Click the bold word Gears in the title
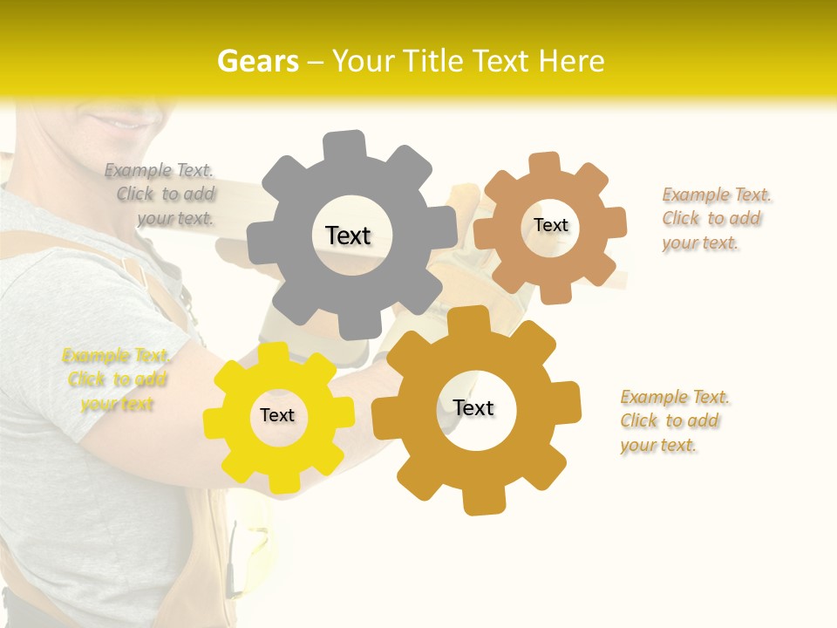pyautogui.click(x=257, y=61)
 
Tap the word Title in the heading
pyautogui.click(x=432, y=61)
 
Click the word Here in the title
pyautogui.click(x=572, y=61)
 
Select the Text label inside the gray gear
pyautogui.click(x=348, y=235)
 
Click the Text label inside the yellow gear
pyautogui.click(x=277, y=416)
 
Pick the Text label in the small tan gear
pyautogui.click(x=551, y=225)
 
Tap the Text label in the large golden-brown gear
pyautogui.click(x=473, y=408)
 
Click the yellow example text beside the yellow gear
pyautogui.click(x=117, y=379)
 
